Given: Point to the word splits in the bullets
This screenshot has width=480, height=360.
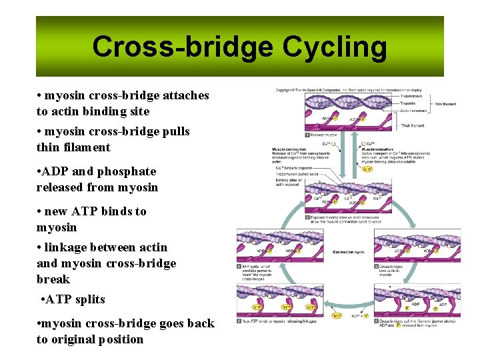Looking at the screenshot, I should [89, 299].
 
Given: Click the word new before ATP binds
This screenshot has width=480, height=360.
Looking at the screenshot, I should [58, 211].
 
